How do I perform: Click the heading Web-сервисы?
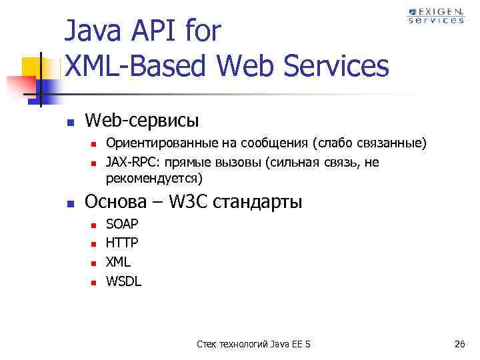tap(142, 120)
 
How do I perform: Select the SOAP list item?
tap(123, 225)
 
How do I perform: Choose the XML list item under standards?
tap(119, 263)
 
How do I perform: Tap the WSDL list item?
tap(124, 281)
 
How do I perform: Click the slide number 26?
tap(459, 344)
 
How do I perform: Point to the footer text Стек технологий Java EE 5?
tap(253, 344)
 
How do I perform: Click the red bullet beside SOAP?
tap(94, 225)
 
